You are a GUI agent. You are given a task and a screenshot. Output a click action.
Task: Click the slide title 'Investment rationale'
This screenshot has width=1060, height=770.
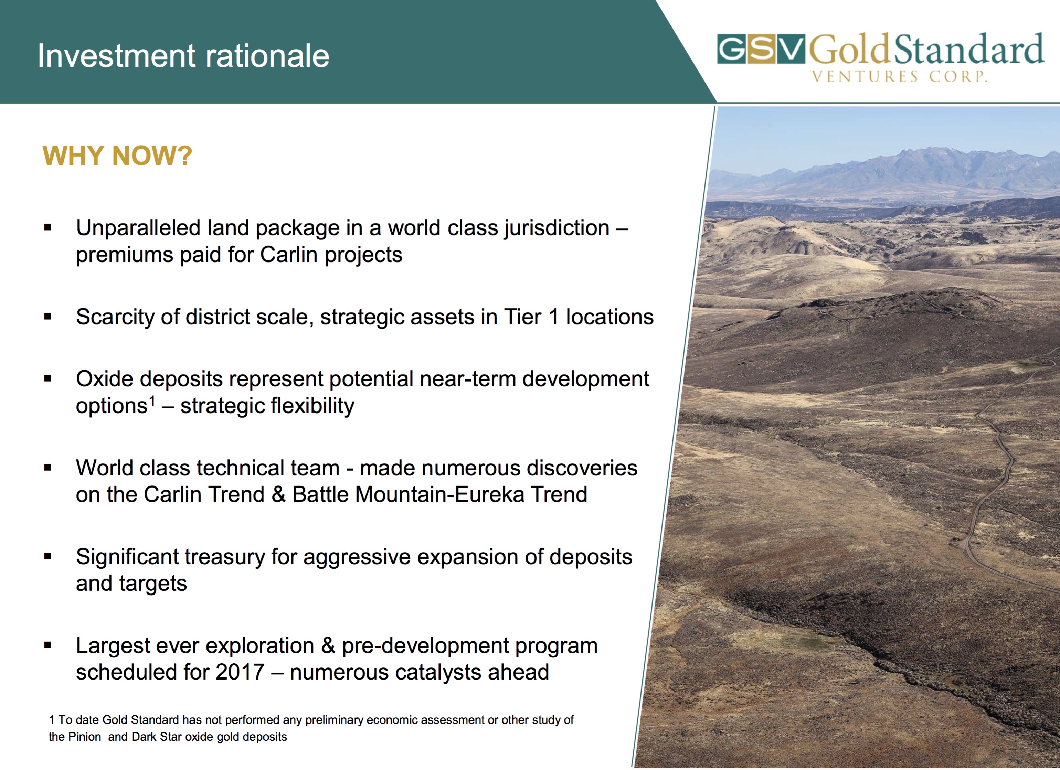click(183, 56)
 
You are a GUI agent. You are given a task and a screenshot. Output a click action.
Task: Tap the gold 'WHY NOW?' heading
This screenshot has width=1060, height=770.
click(117, 156)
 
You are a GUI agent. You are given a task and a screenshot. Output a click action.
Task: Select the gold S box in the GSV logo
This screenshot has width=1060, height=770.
click(761, 49)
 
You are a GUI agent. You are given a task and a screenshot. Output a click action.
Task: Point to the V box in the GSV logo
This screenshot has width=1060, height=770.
click(791, 49)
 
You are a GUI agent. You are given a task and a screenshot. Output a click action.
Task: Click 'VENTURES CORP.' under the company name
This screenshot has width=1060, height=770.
click(900, 76)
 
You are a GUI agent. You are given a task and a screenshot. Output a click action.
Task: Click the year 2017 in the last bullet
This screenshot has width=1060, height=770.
click(240, 672)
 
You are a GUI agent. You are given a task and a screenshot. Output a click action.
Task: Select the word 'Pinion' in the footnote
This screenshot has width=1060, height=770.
click(85, 737)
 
